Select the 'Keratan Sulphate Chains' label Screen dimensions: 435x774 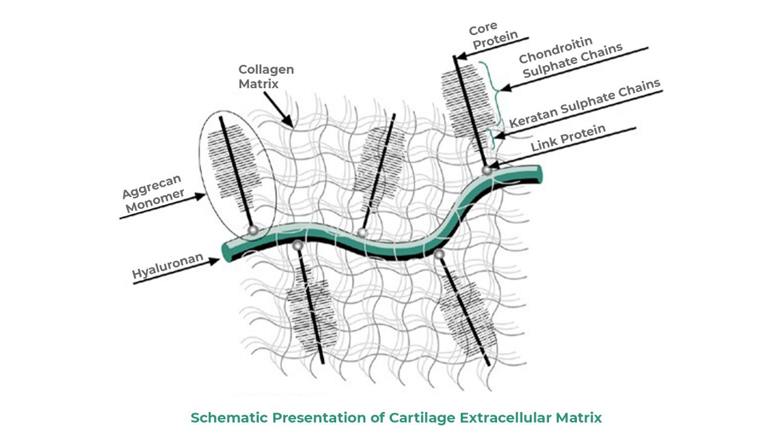pos(584,104)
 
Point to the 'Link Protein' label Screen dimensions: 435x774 pos(568,138)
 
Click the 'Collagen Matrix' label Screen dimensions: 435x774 pos(265,77)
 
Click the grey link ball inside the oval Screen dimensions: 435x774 pos(253,230)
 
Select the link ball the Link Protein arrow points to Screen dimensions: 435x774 pos(487,170)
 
